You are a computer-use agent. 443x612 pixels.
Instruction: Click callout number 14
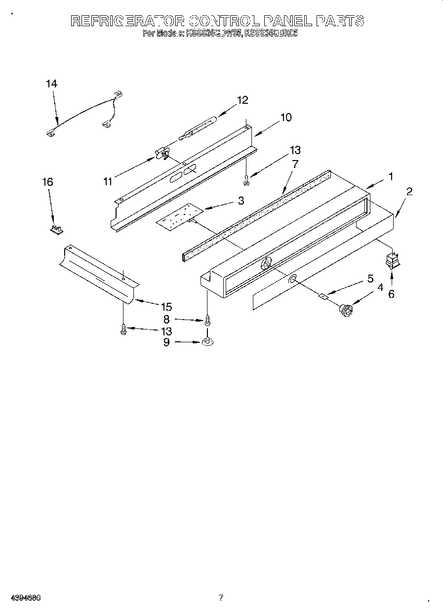tap(51, 84)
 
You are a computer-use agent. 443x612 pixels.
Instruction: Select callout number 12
tap(242, 100)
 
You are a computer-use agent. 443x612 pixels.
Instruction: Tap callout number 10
tap(285, 118)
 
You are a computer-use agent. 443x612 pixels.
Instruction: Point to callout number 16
tap(47, 182)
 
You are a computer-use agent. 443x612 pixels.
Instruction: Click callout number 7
tap(295, 164)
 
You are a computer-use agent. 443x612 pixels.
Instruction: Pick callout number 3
tap(241, 201)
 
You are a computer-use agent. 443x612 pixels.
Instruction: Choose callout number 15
tap(166, 306)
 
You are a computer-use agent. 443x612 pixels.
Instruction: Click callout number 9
tap(166, 341)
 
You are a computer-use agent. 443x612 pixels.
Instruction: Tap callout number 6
tap(391, 293)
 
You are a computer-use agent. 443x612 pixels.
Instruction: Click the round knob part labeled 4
tap(346, 310)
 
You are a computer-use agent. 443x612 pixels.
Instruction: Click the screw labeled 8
tap(207, 320)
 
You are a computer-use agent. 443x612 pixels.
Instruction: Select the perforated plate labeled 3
tap(178, 216)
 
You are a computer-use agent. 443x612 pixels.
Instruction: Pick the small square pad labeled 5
tap(323, 296)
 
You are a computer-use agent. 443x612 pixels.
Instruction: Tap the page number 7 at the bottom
tap(221, 598)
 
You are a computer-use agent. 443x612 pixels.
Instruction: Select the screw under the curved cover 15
tap(123, 329)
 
